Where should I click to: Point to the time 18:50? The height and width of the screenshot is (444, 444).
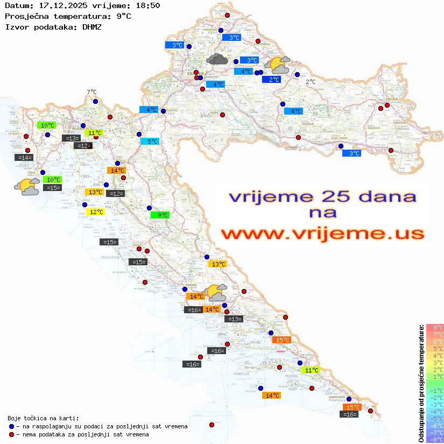coord(147,5)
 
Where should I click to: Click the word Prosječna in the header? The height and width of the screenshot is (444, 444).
coord(26,16)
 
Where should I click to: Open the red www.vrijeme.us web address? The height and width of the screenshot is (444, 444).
coord(322,234)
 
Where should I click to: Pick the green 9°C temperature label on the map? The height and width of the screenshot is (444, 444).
coord(160,215)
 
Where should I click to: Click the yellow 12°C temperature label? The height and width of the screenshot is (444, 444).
coord(95,212)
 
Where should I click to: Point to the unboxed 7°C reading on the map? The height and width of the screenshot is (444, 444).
coord(91,93)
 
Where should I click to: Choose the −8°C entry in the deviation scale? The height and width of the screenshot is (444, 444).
coord(435,439)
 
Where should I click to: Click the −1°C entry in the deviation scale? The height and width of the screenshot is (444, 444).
coord(435,390)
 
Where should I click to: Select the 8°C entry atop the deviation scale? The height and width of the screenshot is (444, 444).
coord(435,327)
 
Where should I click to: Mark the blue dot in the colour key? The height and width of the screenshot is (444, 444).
coord(11,426)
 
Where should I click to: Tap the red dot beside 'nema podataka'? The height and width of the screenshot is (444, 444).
coord(11,434)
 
